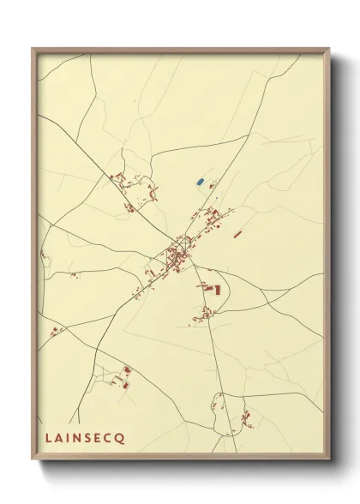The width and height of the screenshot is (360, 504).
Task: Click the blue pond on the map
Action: (200, 182)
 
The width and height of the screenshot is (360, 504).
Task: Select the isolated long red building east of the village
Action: (238, 232)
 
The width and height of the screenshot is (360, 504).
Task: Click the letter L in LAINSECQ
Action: (47, 438)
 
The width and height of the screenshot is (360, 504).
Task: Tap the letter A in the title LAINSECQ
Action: (57, 438)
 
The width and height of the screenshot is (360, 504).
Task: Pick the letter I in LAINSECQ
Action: (67, 438)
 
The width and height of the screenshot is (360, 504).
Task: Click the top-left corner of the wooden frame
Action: (33, 48)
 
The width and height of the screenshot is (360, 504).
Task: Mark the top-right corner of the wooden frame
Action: (331, 48)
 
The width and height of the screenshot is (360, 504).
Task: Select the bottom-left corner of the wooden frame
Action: (33, 461)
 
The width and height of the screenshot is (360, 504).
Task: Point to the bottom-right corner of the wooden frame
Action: (331, 461)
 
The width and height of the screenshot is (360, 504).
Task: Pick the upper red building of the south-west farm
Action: (128, 370)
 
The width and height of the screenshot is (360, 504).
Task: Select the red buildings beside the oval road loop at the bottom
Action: (248, 417)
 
